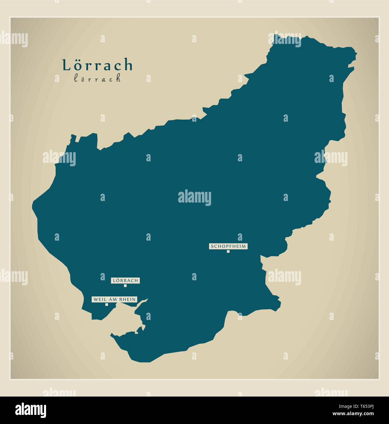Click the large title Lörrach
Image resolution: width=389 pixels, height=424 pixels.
tap(98, 65)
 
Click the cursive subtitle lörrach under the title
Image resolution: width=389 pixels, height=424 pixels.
tap(97, 79)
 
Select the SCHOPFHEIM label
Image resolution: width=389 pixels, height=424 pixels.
tap(228, 246)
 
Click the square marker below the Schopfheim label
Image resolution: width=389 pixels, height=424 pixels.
tap(228, 251)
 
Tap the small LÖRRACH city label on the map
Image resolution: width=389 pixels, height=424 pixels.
tap(125, 280)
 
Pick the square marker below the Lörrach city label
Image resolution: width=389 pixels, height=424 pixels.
tap(125, 286)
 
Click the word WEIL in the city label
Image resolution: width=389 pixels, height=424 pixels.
tap(100, 300)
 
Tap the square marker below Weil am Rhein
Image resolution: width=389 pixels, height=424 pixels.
tap(106, 304)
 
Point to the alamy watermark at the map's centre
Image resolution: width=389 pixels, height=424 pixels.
tap(194, 198)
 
